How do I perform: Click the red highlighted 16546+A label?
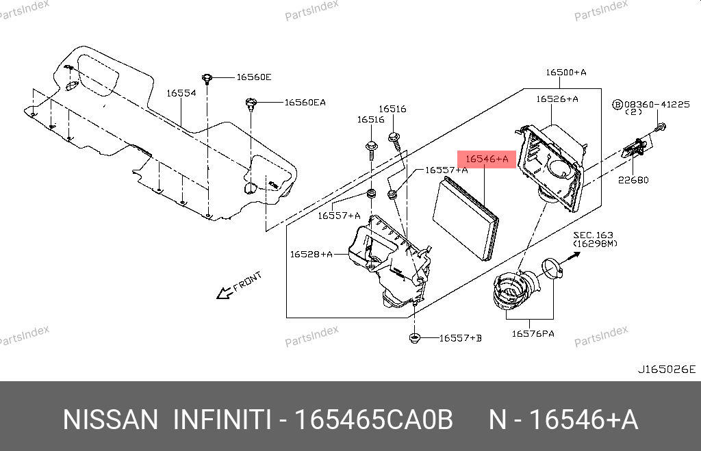tap(487, 159)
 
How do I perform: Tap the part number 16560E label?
tap(254, 77)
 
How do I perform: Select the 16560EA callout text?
tap(305, 103)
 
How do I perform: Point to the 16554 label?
tap(181, 93)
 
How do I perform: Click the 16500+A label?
tap(565, 72)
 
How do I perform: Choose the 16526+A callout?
tap(557, 99)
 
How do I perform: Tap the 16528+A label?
tap(311, 255)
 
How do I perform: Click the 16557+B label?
tap(460, 338)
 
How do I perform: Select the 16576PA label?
tap(533, 334)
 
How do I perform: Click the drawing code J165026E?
tap(667, 370)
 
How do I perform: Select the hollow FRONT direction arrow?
tap(224, 294)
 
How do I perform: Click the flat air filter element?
tap(466, 216)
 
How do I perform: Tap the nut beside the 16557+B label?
tap(415, 338)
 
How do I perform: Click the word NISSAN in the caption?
tap(110, 420)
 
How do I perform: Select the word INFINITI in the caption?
tap(221, 420)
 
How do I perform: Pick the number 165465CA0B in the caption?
tap(373, 420)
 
